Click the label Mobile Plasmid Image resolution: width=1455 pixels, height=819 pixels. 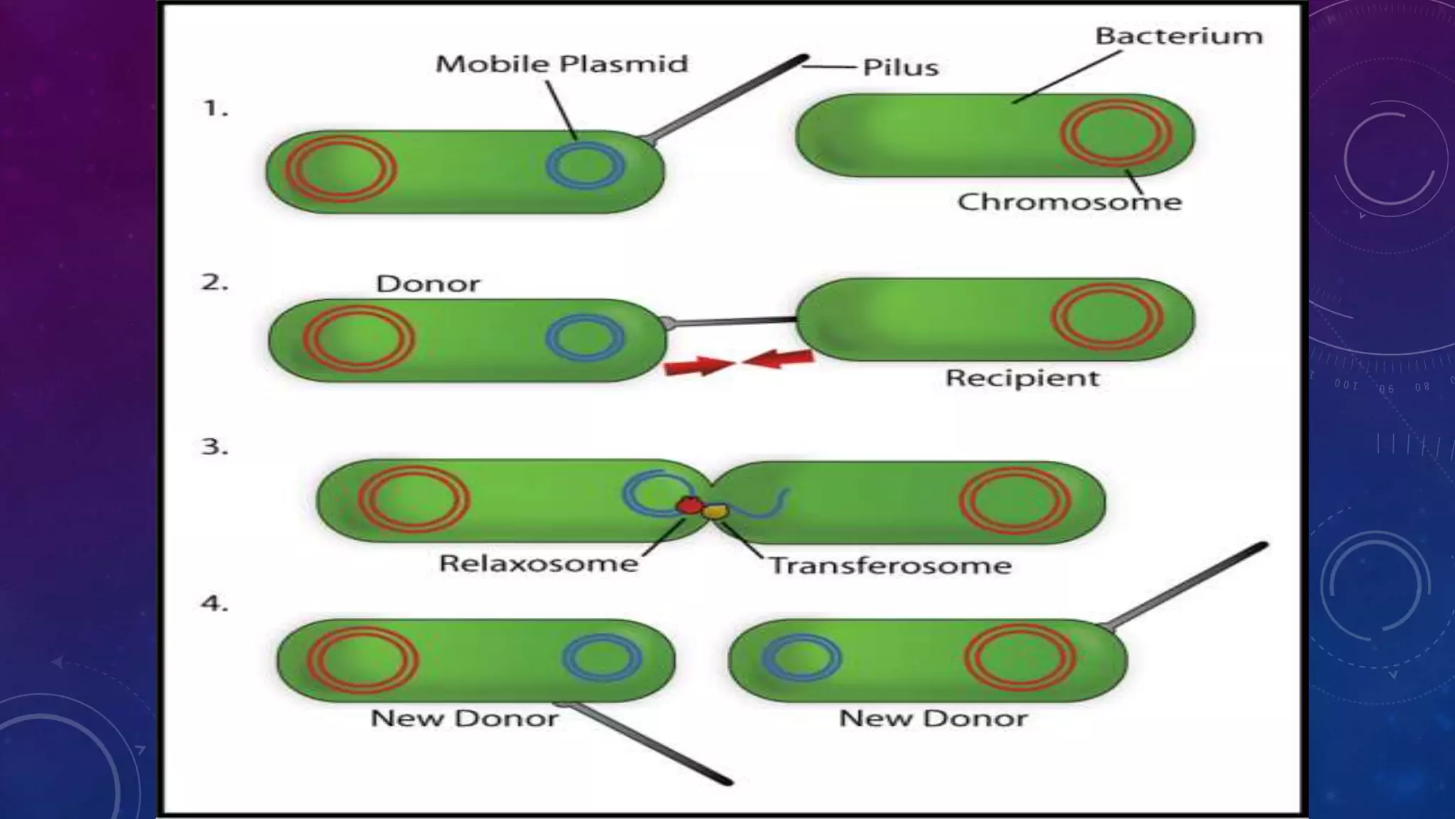click(x=561, y=64)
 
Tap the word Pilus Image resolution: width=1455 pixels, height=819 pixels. click(x=900, y=68)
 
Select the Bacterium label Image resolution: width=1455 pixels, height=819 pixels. click(x=1179, y=36)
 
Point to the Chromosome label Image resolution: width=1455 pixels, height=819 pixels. click(x=1069, y=202)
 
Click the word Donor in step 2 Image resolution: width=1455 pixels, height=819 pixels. click(x=428, y=284)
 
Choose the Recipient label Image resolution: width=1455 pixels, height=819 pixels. click(x=1022, y=378)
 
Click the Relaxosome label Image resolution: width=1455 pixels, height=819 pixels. click(x=539, y=564)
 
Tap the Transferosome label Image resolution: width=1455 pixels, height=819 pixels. click(x=890, y=566)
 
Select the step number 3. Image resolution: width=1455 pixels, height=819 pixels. click(x=215, y=447)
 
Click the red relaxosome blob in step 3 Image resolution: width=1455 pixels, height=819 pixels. click(x=688, y=505)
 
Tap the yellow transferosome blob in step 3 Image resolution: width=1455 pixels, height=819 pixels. click(x=715, y=510)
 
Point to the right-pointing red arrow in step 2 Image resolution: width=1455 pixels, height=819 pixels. click(x=696, y=366)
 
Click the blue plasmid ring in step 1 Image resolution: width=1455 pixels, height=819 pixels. click(x=585, y=166)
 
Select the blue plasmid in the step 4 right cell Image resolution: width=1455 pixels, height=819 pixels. click(x=801, y=656)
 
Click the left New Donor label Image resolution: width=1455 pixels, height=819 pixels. click(x=464, y=718)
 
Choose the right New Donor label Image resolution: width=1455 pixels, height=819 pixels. click(x=933, y=718)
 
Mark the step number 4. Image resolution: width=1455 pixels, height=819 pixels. click(x=215, y=604)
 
